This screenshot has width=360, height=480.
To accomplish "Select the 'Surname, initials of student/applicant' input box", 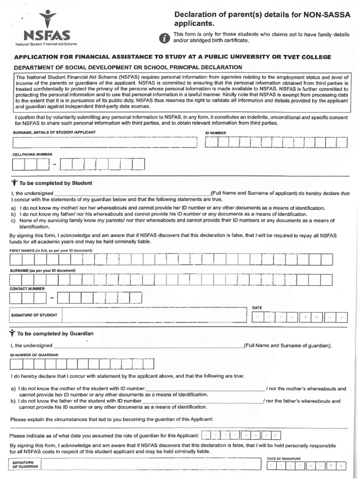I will [x=104, y=142].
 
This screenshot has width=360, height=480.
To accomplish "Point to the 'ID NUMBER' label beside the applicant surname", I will [x=216, y=133].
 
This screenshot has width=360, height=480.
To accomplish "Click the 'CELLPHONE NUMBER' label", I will [x=32, y=154].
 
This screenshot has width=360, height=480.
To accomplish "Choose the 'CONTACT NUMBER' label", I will [x=27, y=289].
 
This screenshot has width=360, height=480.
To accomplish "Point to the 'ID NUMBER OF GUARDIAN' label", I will [x=34, y=355].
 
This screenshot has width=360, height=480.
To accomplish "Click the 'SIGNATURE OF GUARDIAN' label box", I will [x=25, y=465].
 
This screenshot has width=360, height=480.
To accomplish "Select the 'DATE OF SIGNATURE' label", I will [x=284, y=458].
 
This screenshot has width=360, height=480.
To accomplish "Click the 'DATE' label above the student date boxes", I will [x=257, y=307].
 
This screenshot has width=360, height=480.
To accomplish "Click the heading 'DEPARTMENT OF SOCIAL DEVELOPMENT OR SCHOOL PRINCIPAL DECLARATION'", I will [x=128, y=67].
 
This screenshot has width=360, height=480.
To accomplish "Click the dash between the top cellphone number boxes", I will [x=55, y=165].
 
